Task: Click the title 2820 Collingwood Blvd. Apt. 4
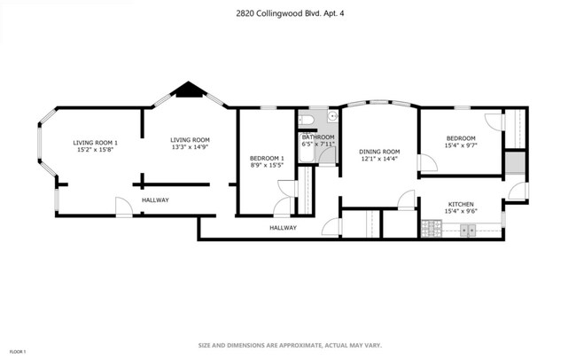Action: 288,13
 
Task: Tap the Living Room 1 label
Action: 95,143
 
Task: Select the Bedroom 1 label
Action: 267,158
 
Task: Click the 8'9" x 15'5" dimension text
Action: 267,165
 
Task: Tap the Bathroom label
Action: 318,137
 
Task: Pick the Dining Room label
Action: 379,152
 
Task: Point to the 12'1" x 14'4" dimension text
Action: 379,159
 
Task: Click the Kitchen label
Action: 461,203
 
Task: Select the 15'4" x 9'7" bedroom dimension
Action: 461,145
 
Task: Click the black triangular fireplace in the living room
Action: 188,89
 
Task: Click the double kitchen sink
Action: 469,231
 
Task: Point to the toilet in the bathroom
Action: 305,120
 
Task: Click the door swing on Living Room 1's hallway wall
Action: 124,207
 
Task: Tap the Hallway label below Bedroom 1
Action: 283,228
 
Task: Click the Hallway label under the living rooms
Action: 155,200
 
